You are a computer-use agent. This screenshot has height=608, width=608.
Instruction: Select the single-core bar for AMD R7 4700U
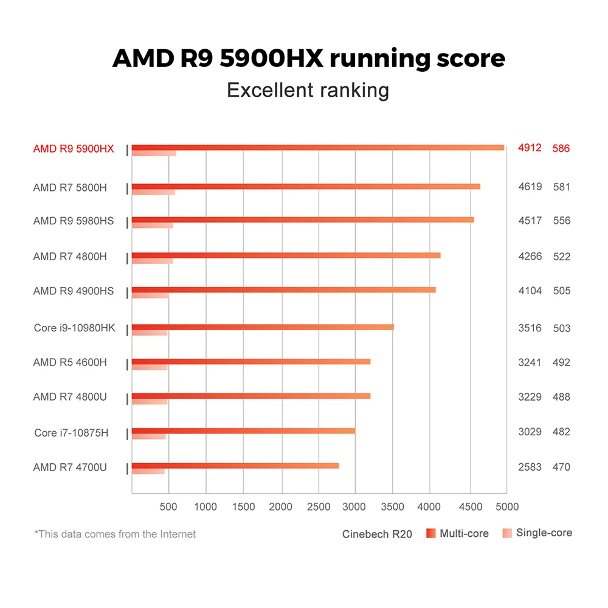tap(148, 471)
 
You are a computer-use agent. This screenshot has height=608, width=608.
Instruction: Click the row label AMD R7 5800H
tap(70, 187)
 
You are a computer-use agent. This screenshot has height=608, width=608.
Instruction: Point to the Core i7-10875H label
tap(71, 433)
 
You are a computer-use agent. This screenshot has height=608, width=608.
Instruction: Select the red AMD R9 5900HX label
tap(74, 148)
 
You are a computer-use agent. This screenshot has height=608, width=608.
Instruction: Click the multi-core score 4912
tap(530, 148)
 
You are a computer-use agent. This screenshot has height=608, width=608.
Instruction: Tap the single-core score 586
tap(561, 148)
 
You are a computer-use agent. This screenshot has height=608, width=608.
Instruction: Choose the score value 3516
tap(530, 328)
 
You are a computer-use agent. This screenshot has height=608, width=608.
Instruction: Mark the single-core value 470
tap(561, 467)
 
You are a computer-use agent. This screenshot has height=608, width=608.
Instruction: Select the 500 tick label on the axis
tap(169, 506)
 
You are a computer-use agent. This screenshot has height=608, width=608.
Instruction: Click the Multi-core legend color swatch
tap(431, 533)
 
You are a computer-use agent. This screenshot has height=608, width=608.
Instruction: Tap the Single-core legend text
tap(544, 533)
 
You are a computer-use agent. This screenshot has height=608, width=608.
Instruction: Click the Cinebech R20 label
tap(377, 534)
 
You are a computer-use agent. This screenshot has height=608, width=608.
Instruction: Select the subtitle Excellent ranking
tap(308, 90)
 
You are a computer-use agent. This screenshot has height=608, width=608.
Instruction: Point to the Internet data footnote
tap(116, 534)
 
